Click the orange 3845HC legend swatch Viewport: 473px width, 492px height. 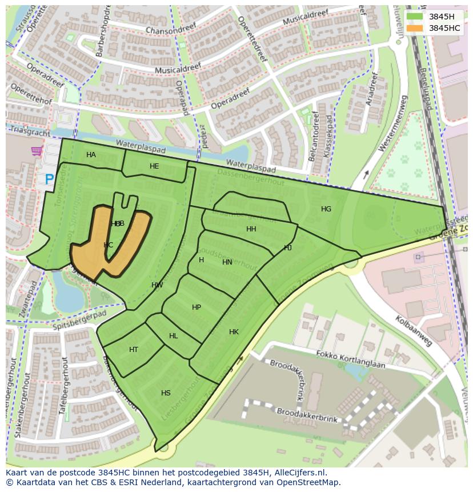(415, 28)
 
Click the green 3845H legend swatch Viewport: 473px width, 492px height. (415, 17)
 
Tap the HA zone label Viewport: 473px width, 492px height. (91, 155)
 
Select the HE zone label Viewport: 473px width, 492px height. (154, 166)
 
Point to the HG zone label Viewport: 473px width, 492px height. (326, 209)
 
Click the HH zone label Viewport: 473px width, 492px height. (251, 229)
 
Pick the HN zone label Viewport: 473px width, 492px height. (227, 262)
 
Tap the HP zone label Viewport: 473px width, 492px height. (197, 307)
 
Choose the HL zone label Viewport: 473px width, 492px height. (174, 336)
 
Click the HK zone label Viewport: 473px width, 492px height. (234, 332)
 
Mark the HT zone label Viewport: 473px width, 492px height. (134, 350)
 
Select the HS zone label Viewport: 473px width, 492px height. (166, 393)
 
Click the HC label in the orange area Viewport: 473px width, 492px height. (108, 245)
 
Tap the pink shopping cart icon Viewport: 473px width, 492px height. (37, 151)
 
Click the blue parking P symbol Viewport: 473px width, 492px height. (50, 180)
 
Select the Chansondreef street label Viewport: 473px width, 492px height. (167, 30)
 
